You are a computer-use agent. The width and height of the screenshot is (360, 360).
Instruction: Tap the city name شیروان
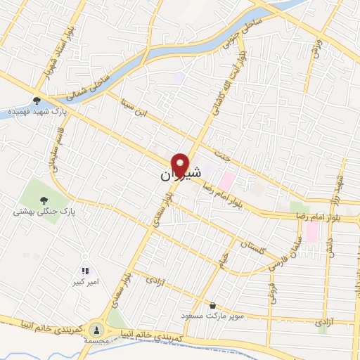(176, 174)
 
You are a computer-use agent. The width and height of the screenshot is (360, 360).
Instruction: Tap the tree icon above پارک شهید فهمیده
(36, 101)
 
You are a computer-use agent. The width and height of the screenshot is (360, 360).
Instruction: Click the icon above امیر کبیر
(85, 270)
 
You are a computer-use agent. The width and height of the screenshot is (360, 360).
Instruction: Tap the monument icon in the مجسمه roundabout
(92, 328)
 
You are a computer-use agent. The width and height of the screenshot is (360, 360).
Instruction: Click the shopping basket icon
(213, 305)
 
